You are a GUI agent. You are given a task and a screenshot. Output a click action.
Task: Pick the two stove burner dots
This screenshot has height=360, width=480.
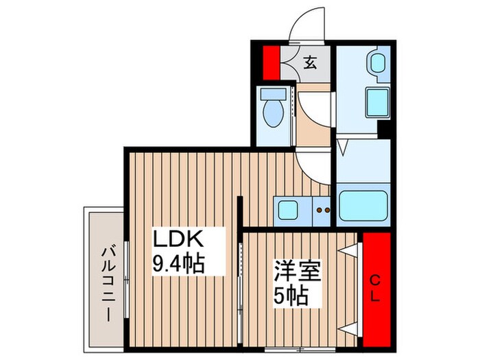pos(323,210)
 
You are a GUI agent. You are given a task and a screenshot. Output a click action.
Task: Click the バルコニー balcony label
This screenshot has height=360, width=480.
pos(108,274)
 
